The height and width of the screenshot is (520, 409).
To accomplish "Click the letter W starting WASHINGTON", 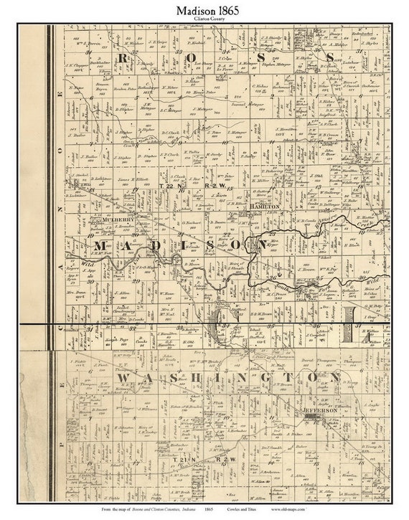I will pos(123,377).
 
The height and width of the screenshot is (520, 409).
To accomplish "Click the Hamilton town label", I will pos(263,206).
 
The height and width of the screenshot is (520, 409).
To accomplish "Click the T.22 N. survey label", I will pos(166,186).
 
